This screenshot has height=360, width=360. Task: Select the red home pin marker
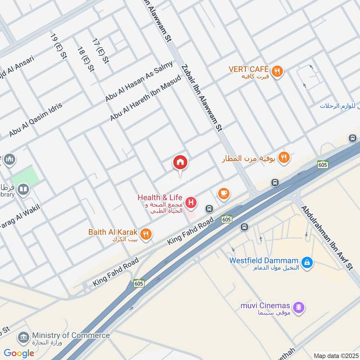pos(180,163)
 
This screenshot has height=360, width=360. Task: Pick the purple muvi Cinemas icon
pos(298,308)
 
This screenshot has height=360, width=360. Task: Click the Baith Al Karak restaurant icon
pos(146,234)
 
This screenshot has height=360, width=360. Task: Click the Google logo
pos(19,353)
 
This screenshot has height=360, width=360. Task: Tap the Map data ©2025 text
pos(335,355)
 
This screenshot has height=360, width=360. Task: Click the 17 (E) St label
pos(99,51)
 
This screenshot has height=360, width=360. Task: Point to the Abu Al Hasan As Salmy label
pos(139,81)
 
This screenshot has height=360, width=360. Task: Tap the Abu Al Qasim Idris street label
pos(36,120)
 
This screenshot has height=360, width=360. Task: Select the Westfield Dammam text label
pos(264,260)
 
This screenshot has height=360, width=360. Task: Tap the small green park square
pos(25,175)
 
